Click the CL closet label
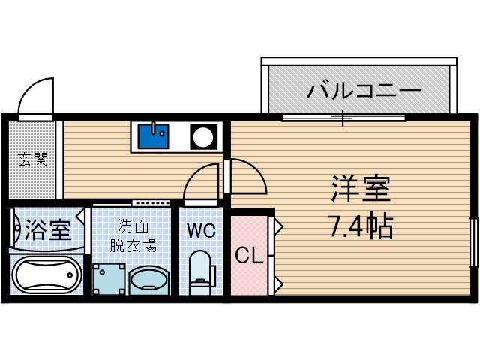(248, 256)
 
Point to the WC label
(201, 231)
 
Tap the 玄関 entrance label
(33, 159)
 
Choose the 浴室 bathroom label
(47, 228)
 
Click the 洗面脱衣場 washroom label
(136, 235)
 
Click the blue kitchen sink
(154, 136)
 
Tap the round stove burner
(202, 137)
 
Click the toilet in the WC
(200, 273)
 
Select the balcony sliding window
(343, 117)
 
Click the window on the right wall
(473, 241)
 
